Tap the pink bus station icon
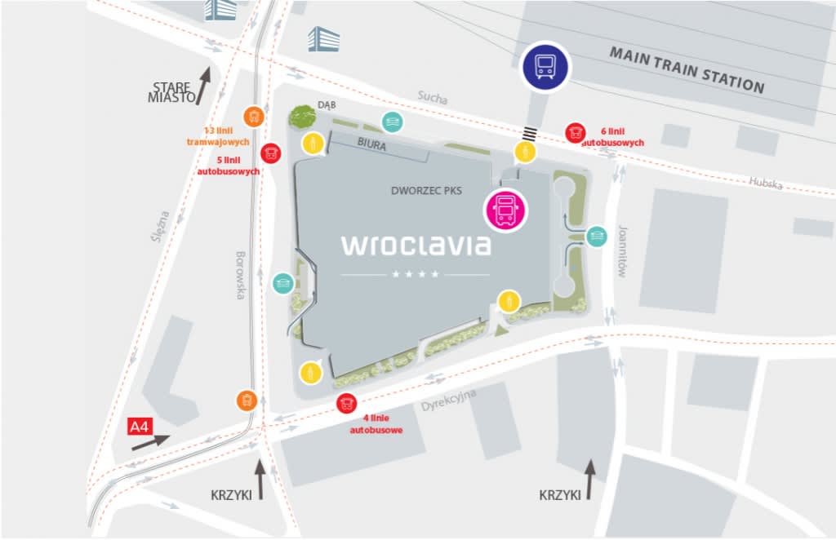[x=505, y=210]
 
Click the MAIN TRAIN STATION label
[x=687, y=70]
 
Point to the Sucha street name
[x=433, y=98]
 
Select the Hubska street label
[x=766, y=184]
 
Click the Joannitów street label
[x=621, y=252]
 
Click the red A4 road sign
[x=141, y=426]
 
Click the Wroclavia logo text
[x=416, y=244]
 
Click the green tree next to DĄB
[x=302, y=117]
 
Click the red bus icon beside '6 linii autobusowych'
[x=576, y=132]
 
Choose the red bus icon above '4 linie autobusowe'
[x=347, y=403]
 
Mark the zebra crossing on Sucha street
[x=530, y=134]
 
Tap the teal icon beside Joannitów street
[x=597, y=236]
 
